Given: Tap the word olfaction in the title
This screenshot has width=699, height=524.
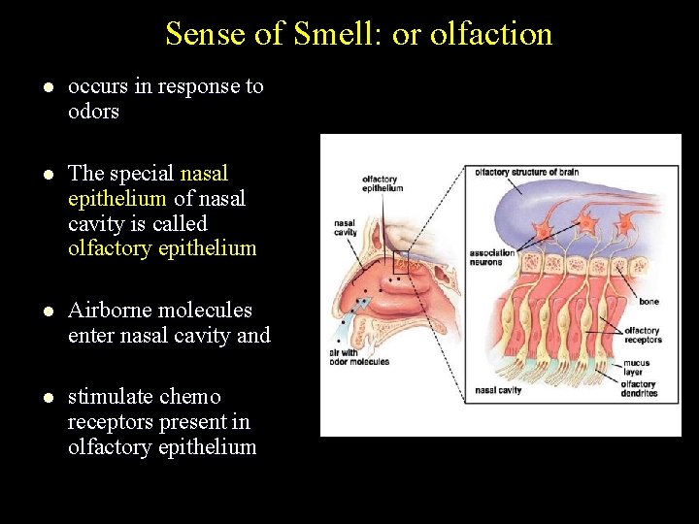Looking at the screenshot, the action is click(491, 34).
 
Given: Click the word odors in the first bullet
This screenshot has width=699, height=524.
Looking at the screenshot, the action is click(93, 112).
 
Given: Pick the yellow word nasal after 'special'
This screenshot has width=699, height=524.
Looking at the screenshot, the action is click(204, 174).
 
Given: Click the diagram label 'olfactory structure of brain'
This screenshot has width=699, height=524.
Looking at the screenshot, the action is click(527, 173).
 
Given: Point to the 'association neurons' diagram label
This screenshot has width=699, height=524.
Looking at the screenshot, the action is click(491, 258).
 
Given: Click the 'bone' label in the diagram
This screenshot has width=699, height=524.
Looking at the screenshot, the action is click(649, 302).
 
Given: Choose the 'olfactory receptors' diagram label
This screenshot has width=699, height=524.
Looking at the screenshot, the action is click(643, 335).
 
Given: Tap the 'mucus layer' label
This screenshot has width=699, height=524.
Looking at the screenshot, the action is click(637, 368).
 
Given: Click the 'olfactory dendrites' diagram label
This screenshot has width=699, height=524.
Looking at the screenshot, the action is click(639, 389).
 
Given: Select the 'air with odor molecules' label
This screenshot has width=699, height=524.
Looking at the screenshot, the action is click(360, 357).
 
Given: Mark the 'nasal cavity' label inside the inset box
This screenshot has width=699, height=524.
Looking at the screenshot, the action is click(499, 390).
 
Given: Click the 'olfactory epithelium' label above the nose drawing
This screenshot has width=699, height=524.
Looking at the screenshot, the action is click(382, 183).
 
